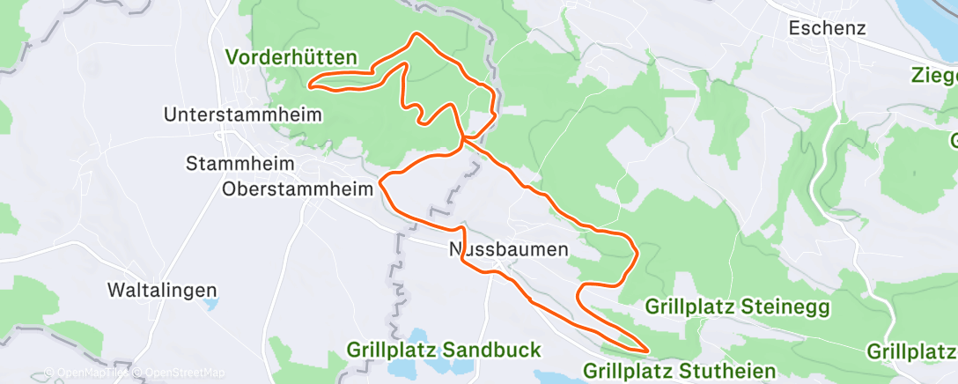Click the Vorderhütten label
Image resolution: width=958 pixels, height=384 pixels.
[291, 58]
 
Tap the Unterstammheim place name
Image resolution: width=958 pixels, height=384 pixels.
[242, 114]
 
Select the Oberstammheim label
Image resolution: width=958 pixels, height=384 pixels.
[286, 188]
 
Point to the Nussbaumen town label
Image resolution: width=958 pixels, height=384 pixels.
[509, 249]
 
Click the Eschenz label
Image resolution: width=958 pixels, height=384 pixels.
[827, 28]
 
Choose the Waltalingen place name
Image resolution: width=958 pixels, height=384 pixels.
[161, 290]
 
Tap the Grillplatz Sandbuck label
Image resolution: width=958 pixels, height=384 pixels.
[444, 350]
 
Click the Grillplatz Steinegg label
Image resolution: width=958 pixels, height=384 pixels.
[736, 307]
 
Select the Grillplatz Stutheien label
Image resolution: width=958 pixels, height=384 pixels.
[679, 370]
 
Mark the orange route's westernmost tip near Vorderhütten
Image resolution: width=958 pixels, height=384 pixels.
[309, 85]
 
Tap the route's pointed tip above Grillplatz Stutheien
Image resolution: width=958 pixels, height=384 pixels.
[647, 349]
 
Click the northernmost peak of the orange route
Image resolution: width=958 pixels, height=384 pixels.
[416, 34]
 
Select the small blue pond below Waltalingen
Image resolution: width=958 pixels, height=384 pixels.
[210, 306]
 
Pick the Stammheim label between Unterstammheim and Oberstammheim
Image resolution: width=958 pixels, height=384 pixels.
[242, 164]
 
